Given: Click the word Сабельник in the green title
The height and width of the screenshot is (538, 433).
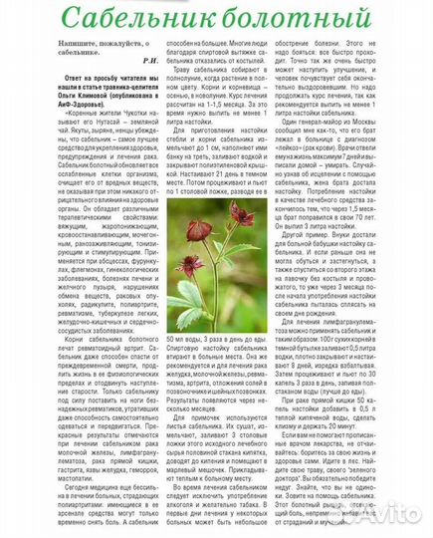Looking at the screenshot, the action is tap(139, 19).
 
